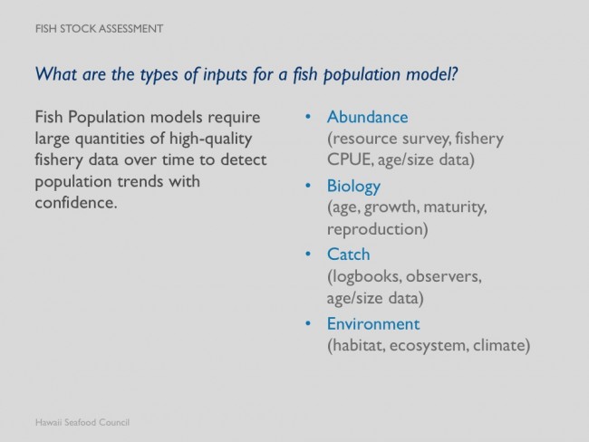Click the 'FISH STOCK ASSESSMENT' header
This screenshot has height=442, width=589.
pyautogui.click(x=99, y=29)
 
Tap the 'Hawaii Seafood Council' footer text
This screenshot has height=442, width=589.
pyautogui.click(x=82, y=422)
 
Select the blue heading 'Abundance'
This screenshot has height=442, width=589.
pyautogui.click(x=367, y=117)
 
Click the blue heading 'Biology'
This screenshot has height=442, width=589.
pyautogui.click(x=353, y=187)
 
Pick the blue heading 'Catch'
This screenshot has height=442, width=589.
pyautogui.click(x=349, y=255)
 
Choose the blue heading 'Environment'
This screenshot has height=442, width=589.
pyautogui.click(x=373, y=324)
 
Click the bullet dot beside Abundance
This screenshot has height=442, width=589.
pyautogui.click(x=308, y=117)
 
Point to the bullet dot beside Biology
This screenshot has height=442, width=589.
pyautogui.click(x=308, y=186)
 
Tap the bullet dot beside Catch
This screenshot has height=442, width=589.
pyautogui.click(x=308, y=255)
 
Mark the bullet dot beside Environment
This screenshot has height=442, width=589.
pyautogui.click(x=308, y=323)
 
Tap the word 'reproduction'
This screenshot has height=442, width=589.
pyautogui.click(x=375, y=229)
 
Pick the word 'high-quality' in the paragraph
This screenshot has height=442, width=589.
pyautogui.click(x=211, y=139)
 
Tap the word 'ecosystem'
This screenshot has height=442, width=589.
pyautogui.click(x=427, y=346)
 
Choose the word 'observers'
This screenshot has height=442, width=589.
pyautogui.click(x=441, y=277)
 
